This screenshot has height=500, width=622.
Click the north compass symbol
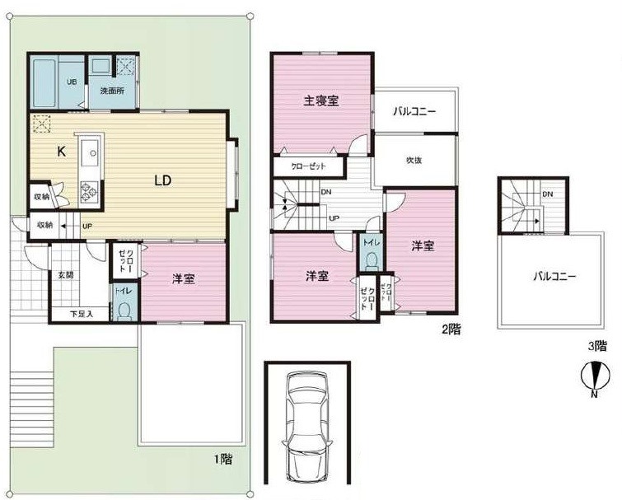(594, 376)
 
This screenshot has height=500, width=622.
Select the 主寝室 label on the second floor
(321, 100)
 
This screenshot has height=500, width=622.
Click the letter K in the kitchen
(62, 151)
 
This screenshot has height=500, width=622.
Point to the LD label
(162, 181)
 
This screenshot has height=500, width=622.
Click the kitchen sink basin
(92, 153)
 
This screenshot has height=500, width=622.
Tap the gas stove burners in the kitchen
(88, 192)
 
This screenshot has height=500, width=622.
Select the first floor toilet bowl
(124, 311)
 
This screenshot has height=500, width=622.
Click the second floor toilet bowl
(372, 260)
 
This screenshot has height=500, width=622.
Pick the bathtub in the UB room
(44, 82)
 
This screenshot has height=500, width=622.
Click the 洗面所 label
(112, 91)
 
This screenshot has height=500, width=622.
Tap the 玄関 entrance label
(66, 275)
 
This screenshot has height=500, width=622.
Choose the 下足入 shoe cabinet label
(82, 314)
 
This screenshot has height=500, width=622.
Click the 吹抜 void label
(414, 160)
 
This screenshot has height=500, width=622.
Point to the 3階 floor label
(598, 346)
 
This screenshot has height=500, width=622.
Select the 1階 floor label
(223, 459)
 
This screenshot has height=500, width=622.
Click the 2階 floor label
(451, 329)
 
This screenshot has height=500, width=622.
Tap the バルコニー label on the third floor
(554, 277)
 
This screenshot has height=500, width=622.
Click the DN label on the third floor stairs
(548, 194)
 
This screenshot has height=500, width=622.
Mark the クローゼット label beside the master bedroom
(308, 166)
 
